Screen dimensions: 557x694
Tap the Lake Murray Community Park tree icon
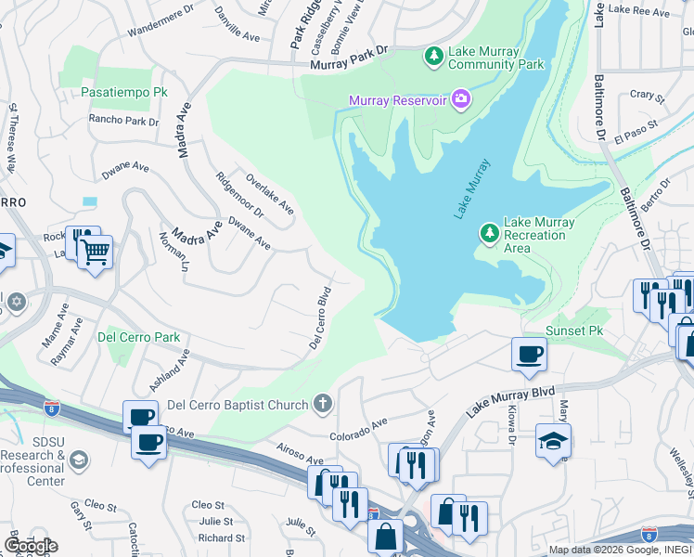[x=433, y=57]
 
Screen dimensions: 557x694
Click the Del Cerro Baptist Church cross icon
[x=322, y=404]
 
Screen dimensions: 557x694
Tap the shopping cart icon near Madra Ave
[x=95, y=251]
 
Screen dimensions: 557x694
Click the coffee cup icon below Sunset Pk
[x=529, y=353]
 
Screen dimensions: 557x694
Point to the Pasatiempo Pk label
[x=123, y=94]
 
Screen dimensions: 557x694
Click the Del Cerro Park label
[x=138, y=337]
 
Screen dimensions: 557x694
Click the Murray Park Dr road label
[x=348, y=61]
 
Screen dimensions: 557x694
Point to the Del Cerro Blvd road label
[x=320, y=317]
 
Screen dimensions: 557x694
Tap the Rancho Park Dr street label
[x=123, y=120]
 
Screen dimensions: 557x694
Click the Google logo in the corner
[x=31, y=546]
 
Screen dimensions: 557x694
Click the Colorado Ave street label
[x=358, y=429]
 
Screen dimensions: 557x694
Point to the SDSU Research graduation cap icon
[x=80, y=460]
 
